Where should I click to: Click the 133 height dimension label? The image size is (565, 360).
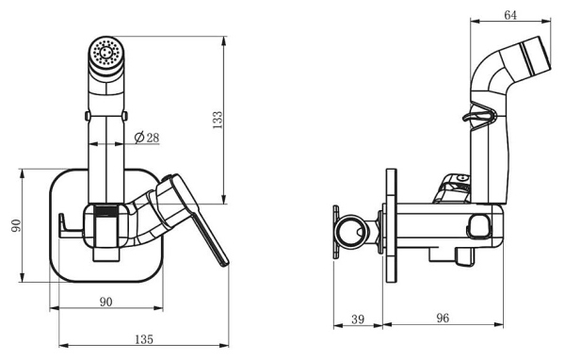pos(218,120)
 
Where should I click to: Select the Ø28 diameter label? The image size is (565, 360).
pos(146,138)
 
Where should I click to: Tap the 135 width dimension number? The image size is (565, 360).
pos(144,339)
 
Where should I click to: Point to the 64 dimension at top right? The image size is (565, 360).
pos(510,15)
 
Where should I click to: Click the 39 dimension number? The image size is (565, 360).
pos(358,319)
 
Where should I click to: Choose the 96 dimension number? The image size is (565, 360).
pos(443,318)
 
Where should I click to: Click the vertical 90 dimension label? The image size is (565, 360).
pos(17,226)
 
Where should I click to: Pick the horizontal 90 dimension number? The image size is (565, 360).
pos(105,302)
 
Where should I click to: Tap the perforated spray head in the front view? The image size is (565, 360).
pos(106,53)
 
